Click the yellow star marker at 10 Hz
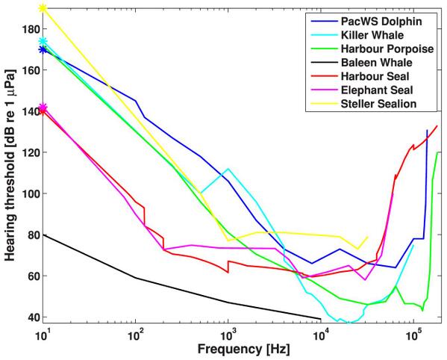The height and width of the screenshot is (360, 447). click(x=43, y=8)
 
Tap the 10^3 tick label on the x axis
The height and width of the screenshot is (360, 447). click(x=229, y=335)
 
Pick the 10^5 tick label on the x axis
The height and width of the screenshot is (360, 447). click(x=414, y=335)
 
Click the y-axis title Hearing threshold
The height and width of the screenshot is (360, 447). click(x=10, y=172)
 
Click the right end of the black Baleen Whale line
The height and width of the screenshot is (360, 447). click(x=321, y=317)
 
